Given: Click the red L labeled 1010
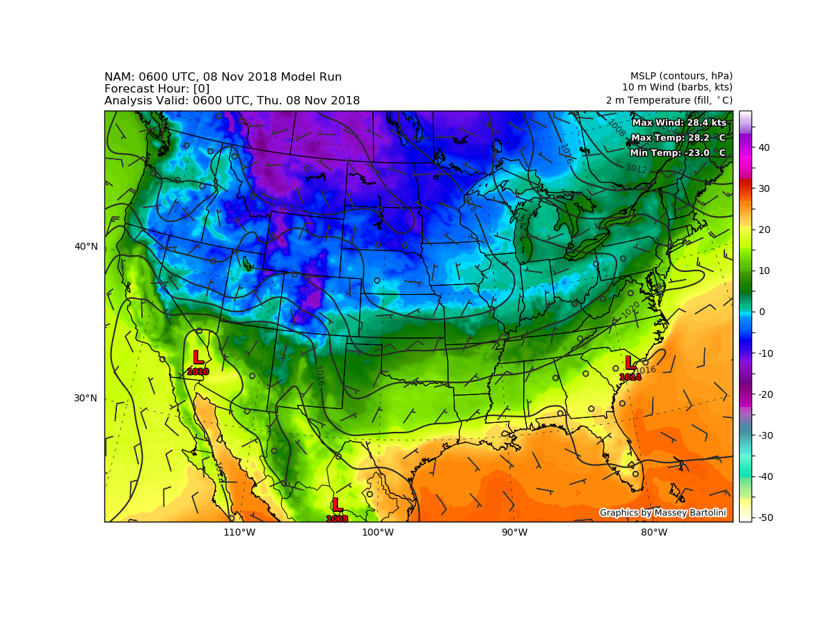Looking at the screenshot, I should coord(198,358).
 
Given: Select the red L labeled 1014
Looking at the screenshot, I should coord(629,363).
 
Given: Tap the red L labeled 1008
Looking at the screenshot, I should coord(337,504).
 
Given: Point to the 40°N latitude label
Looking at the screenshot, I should coord(86,246).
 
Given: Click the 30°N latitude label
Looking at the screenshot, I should coord(86,398).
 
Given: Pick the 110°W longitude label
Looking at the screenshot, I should coord(239,533).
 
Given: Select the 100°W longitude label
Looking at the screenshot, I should coord(378,533).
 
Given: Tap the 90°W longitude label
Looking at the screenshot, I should coord(514,533).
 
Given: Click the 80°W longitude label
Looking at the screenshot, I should coord(654,533).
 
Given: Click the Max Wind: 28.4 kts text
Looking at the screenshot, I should coord(678,122).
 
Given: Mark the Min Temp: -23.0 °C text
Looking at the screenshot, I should coord(677,153).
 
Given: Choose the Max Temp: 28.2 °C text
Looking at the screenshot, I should coord(678,138).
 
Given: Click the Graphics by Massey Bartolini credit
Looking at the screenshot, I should coord(662,513).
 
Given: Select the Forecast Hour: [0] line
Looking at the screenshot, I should coord(157,89).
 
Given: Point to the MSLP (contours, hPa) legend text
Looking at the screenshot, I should coord(681,76).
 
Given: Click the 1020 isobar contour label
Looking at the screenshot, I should coord(630,310).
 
